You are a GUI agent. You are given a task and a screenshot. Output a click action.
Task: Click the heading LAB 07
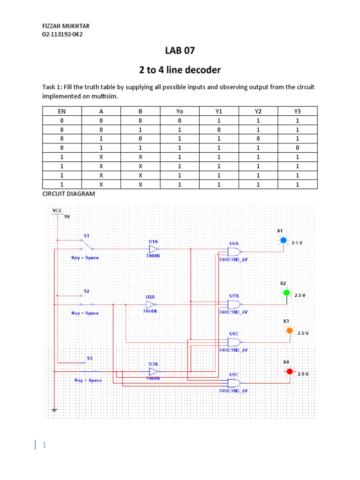point(180,51)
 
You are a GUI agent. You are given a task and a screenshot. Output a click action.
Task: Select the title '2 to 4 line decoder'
point(180,70)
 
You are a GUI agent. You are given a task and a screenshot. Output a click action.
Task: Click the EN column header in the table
point(61,111)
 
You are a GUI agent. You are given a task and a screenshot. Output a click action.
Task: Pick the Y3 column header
point(298,111)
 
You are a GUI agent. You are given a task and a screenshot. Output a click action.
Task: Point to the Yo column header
point(180,111)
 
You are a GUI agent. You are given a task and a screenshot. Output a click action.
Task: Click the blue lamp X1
point(283,240)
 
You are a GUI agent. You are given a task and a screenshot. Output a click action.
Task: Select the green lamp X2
point(286,293)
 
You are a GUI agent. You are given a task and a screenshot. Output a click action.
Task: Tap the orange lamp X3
point(289,330)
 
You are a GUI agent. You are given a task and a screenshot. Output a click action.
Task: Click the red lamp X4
point(289,371)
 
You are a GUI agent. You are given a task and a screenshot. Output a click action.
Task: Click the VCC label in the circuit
point(57,211)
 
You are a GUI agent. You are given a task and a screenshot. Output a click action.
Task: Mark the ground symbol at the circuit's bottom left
point(55,410)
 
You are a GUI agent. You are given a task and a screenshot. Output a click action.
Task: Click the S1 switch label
point(86,235)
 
